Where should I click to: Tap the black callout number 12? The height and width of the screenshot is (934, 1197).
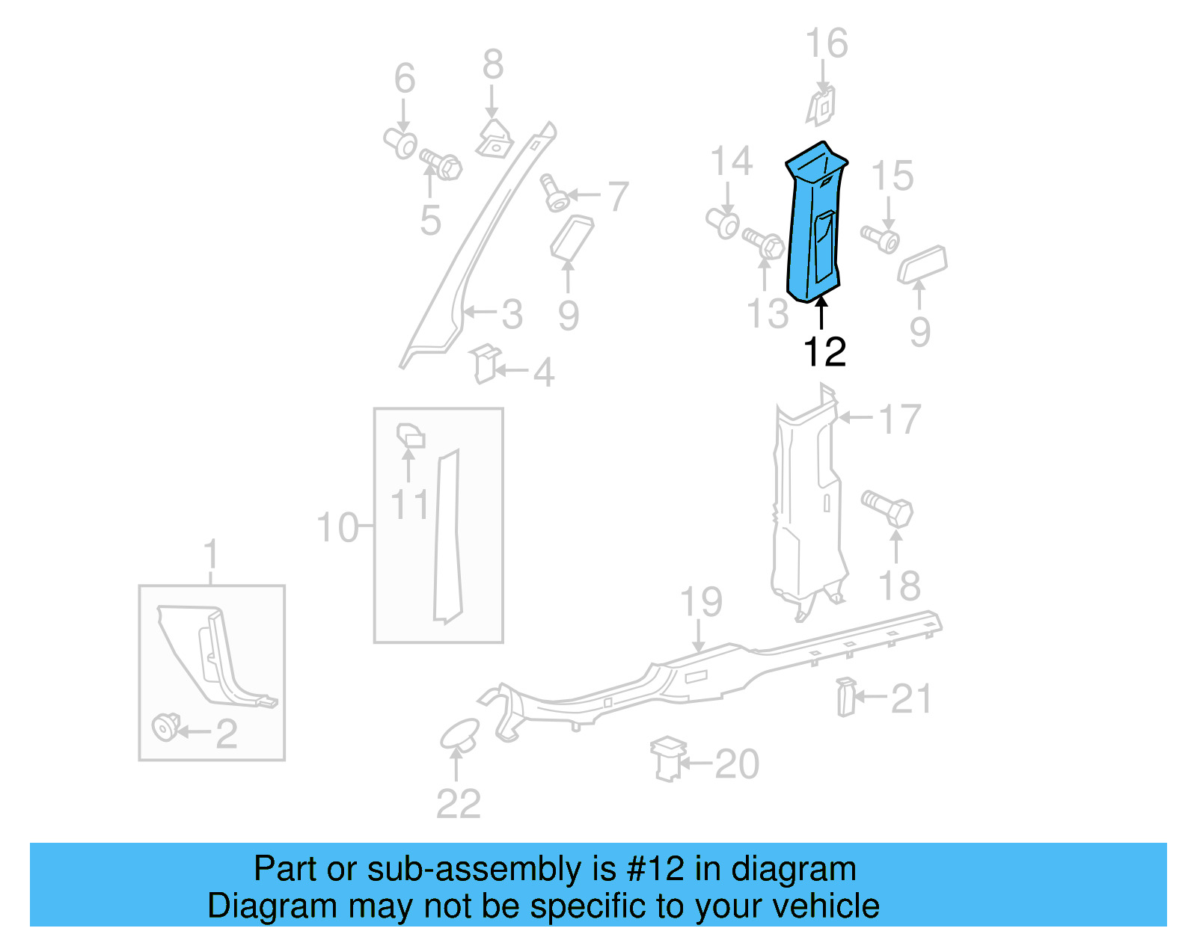pos(824,351)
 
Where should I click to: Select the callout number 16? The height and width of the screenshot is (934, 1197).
pos(826,43)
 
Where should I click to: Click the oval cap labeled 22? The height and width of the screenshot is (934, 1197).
pos(459,734)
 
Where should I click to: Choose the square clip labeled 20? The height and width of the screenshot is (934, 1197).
pos(667,758)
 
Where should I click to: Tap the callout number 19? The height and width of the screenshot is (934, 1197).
pos(701,602)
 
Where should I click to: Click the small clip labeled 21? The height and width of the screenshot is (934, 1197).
pos(845,697)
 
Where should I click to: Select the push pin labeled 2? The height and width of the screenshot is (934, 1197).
pos(165,727)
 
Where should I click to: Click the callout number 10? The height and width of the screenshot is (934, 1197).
pos(337,528)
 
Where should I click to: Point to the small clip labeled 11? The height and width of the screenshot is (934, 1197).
pos(409,435)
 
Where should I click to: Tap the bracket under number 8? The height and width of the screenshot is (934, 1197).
pos(494,138)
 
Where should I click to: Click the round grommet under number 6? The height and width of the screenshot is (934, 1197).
pos(402,143)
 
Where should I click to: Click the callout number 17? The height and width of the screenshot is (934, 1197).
pos(899,420)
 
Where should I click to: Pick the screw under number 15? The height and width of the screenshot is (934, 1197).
pos(880,239)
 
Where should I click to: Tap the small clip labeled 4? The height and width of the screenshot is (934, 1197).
pos(486,364)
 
